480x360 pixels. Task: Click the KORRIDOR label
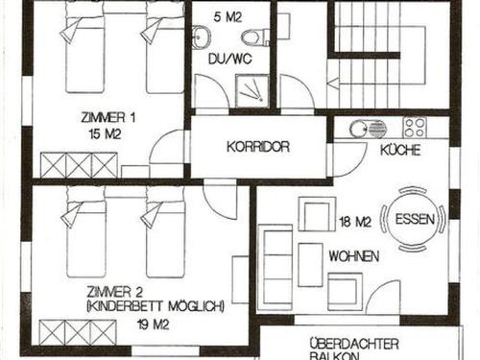[258, 147]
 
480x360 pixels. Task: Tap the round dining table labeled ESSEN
[414, 219]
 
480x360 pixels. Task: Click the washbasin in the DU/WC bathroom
[202, 36]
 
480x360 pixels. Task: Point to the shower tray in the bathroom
[252, 92]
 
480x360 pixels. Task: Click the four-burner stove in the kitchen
[415, 127]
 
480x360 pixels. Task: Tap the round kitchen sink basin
[357, 129]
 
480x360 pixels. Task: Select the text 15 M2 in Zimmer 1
[106, 134]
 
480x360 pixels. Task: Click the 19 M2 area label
[153, 325]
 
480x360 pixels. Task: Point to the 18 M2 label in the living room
[355, 222]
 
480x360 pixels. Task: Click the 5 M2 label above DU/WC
[228, 17]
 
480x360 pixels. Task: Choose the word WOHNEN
[354, 256]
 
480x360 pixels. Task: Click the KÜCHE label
[400, 150]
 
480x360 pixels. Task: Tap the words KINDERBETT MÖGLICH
[156, 306]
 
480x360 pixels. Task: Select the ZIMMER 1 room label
[108, 117]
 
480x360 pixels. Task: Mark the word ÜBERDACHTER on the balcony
[354, 345]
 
